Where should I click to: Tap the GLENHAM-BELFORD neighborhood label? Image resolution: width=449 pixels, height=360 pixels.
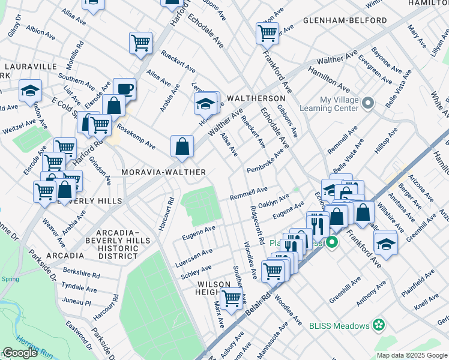coord(345,20)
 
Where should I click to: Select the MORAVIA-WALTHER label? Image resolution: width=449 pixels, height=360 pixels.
coord(164,172)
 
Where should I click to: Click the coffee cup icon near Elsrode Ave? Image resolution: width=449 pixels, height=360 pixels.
coord(124,89)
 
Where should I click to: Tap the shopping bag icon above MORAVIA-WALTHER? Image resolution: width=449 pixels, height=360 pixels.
coord(182,146)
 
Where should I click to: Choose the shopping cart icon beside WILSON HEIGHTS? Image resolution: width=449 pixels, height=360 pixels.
coord(231,298)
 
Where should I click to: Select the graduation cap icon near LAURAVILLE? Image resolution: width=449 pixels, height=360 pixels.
coord(30,91)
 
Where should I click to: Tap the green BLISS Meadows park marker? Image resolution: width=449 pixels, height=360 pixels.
coord(378,325)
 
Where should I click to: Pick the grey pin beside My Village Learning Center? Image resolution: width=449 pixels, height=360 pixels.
coord(369,104)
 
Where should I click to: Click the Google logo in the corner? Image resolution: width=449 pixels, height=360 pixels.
coord(20,353)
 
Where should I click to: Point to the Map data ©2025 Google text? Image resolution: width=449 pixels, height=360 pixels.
coord(411,355)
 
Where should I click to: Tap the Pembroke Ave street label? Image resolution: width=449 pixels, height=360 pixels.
coord(265,163)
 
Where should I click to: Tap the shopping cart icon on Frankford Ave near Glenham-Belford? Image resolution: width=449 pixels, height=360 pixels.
coord(267,33)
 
